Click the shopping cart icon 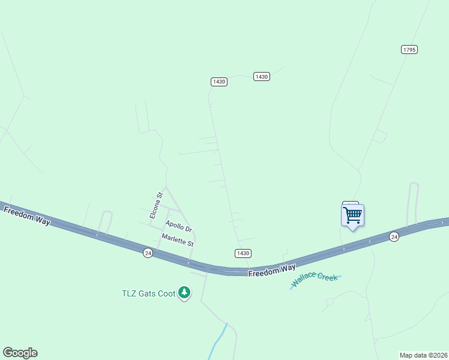pos(352,215)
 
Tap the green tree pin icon pos(185,293)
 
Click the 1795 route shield pos(409,50)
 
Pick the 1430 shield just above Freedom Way pos(243,253)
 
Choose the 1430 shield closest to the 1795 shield pos(262,76)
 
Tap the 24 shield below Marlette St pos(148,253)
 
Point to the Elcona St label pos(156,205)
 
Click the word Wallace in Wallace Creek pos(304,281)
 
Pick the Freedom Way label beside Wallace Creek pos(273,271)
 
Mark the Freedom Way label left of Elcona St pos(26,215)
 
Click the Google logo pos(20,353)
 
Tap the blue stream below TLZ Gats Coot pos(218,341)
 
